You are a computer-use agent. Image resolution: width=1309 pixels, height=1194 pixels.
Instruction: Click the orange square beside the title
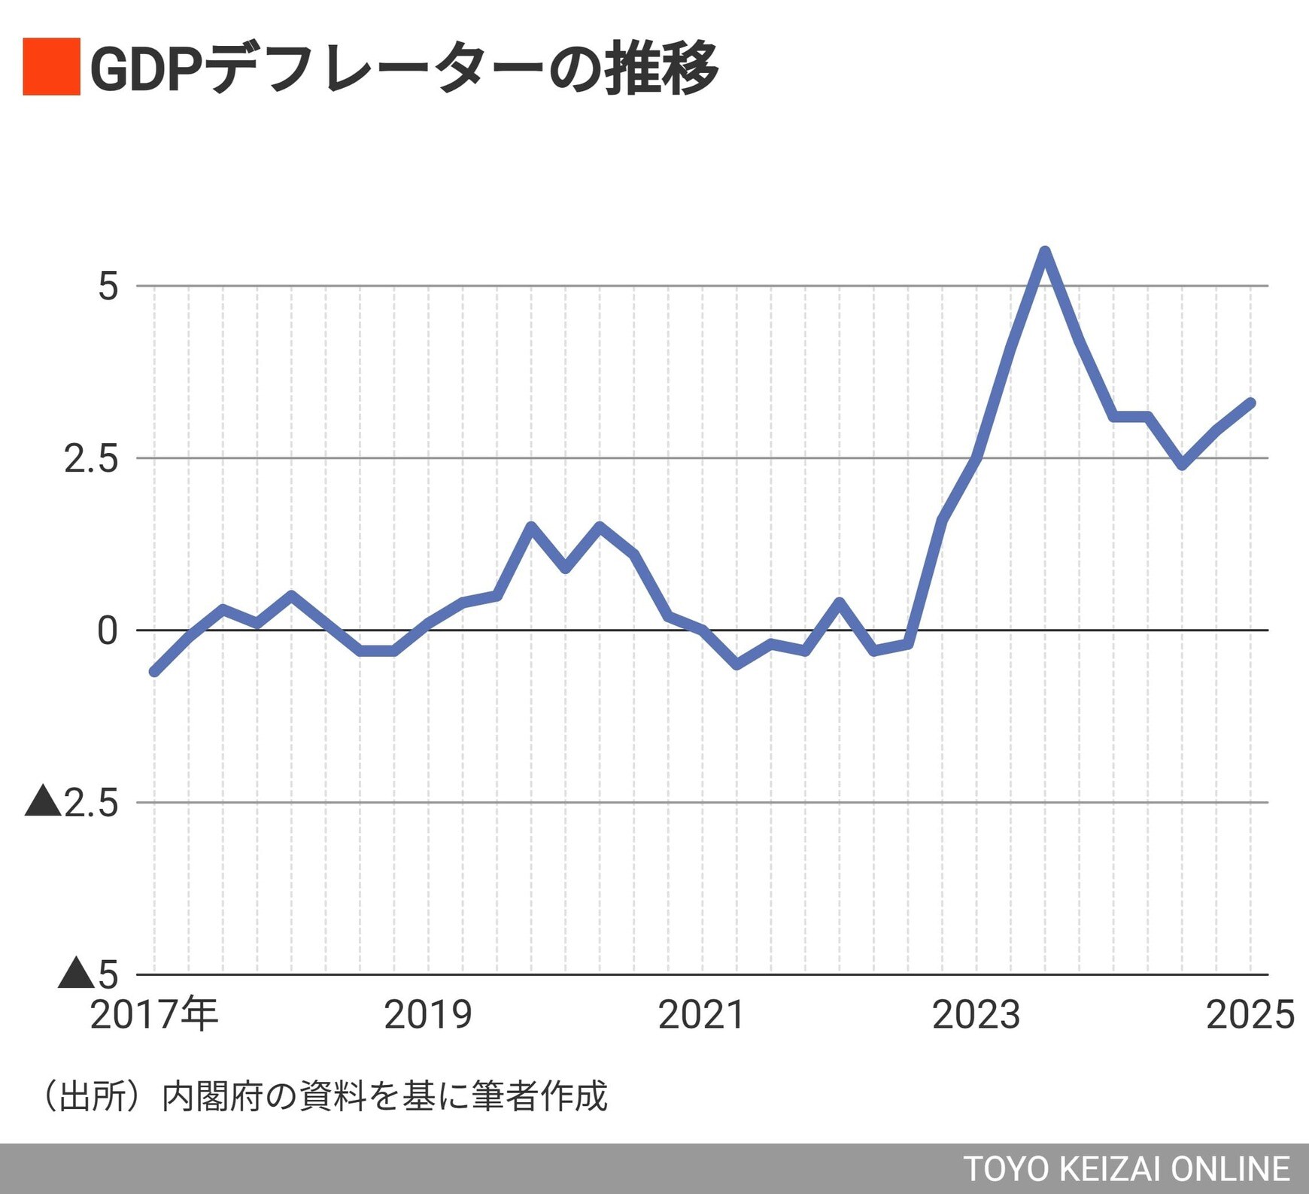pos(51,66)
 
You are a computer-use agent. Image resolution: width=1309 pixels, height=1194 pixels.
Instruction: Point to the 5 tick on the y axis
pos(108,287)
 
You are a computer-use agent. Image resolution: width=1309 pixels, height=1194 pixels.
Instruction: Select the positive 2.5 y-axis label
pos(91,458)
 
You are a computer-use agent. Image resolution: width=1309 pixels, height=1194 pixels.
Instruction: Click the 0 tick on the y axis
pos(108,630)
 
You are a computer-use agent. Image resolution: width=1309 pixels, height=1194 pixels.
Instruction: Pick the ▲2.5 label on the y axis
pos(72,803)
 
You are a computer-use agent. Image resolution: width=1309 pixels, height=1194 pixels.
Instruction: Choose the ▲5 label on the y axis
pos(89,974)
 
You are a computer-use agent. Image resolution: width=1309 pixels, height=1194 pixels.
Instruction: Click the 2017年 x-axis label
pos(154,1014)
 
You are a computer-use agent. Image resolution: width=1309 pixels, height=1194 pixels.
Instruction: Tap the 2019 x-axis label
pos(428,1015)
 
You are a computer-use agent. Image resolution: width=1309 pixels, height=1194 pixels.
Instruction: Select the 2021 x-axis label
pos(701,1015)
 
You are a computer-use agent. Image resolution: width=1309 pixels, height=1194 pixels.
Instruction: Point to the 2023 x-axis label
pos(976,1015)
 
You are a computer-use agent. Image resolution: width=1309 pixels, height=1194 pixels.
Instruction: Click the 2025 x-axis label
pos(1250,1015)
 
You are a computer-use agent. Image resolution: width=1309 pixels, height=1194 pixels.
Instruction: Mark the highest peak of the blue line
pos(1044,251)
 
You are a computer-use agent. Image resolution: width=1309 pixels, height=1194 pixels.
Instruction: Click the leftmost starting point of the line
pos(154,671)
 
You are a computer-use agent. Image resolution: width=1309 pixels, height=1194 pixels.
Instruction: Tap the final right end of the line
pos(1250,403)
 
